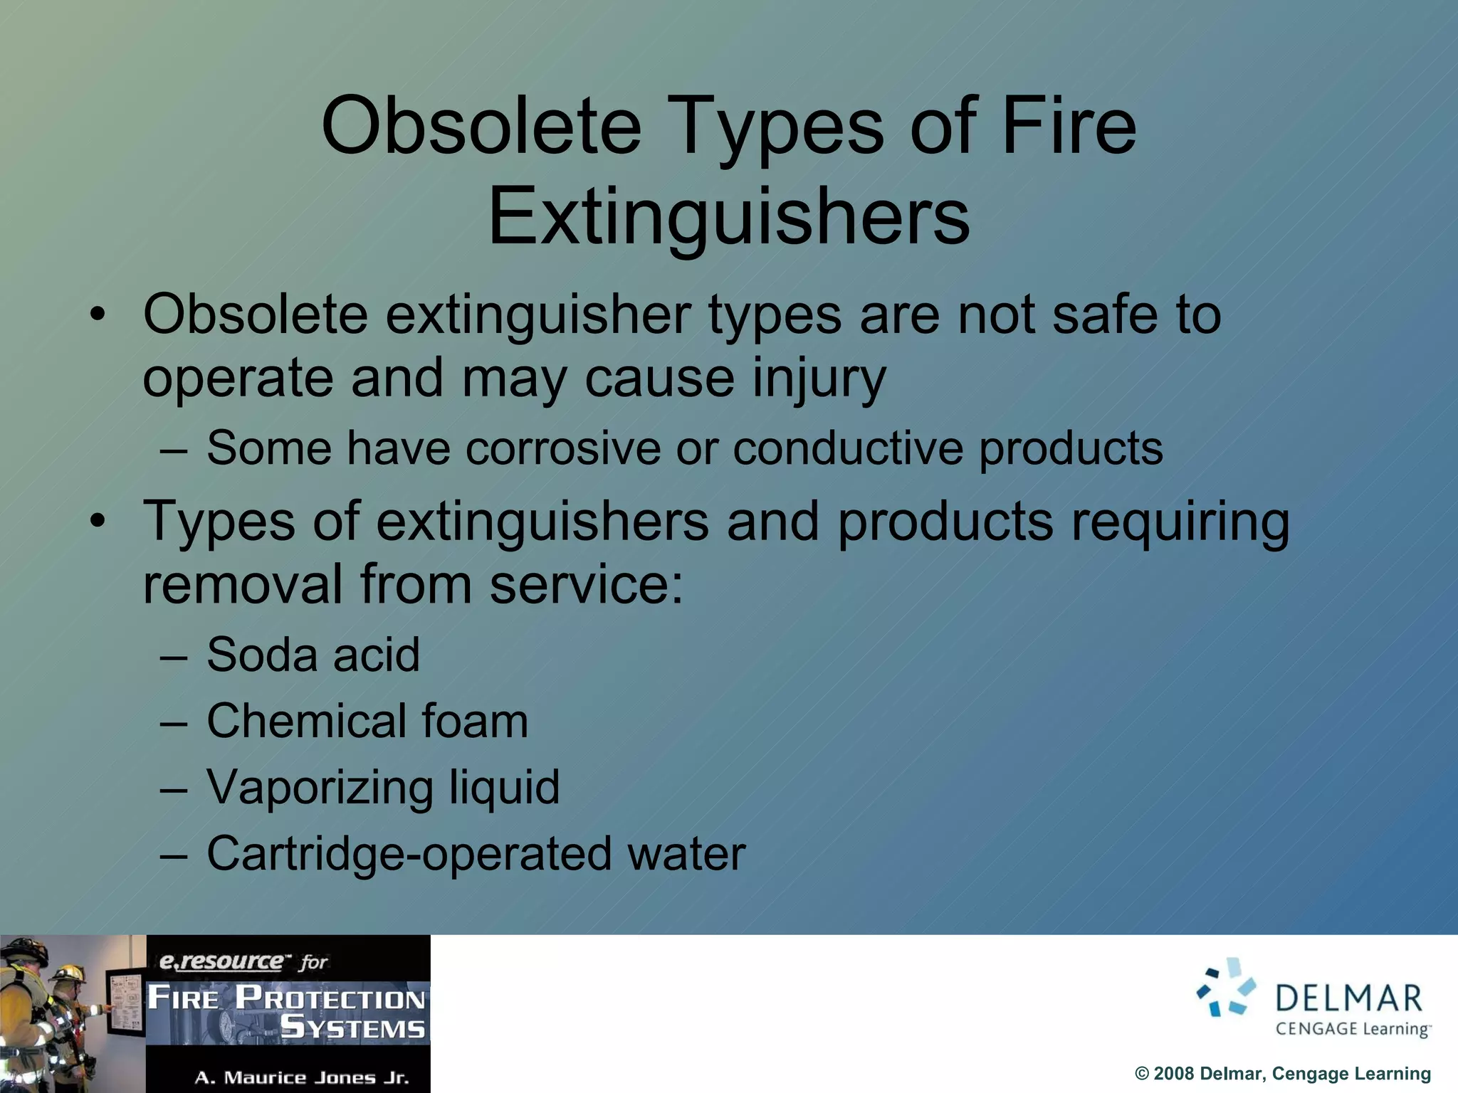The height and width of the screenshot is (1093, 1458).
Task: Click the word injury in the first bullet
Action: [x=819, y=379]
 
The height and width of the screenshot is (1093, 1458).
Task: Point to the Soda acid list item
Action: [x=313, y=655]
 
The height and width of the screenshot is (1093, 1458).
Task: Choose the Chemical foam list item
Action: [x=367, y=721]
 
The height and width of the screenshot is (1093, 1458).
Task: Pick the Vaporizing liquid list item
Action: [x=383, y=787]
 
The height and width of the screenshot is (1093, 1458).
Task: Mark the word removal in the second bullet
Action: [x=243, y=584]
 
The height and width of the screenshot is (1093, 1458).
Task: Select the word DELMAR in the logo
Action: [x=1349, y=999]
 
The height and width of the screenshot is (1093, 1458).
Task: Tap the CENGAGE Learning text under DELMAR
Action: [x=1352, y=1029]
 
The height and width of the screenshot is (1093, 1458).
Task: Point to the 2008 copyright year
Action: [x=1173, y=1074]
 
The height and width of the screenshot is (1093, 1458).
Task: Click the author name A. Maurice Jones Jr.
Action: [x=302, y=1077]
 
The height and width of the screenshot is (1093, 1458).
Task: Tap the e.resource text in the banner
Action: [x=221, y=961]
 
